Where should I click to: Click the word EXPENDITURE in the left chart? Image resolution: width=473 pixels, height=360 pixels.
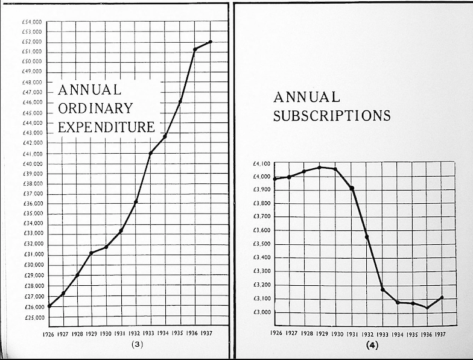pyautogui.click(x=106, y=127)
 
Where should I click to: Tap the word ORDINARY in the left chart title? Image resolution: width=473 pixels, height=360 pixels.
pyautogui.click(x=95, y=109)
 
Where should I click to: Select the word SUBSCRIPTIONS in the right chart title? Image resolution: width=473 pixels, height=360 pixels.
pyautogui.click(x=332, y=115)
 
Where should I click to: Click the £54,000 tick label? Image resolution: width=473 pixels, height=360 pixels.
pyautogui.click(x=31, y=21)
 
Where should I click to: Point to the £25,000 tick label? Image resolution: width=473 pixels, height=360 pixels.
pyautogui.click(x=31, y=317)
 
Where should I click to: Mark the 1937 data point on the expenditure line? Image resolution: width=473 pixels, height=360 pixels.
pyautogui.click(x=211, y=42)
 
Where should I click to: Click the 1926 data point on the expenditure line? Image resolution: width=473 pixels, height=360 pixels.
pyautogui.click(x=48, y=306)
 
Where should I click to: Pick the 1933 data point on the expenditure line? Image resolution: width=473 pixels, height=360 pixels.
pyautogui.click(x=150, y=153)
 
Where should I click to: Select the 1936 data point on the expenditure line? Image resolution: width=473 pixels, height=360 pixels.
pyautogui.click(x=195, y=49)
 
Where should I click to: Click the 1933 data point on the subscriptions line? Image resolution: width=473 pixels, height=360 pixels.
pyautogui.click(x=383, y=289)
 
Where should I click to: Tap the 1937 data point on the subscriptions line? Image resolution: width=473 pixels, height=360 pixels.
pyautogui.click(x=442, y=297)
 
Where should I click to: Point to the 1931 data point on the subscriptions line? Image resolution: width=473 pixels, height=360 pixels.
pyautogui.click(x=352, y=188)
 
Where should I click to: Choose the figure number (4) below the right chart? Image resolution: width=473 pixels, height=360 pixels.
pyautogui.click(x=372, y=345)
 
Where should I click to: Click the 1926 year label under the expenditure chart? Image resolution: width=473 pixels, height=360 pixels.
pyautogui.click(x=48, y=333)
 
